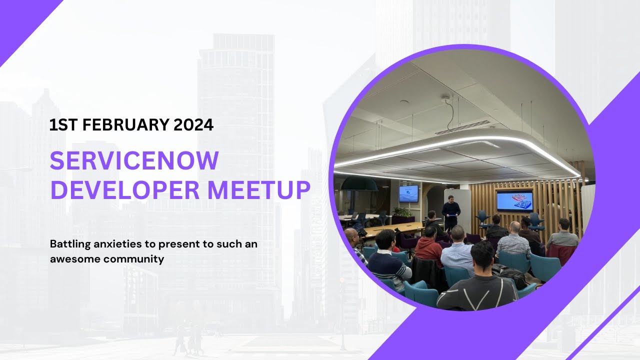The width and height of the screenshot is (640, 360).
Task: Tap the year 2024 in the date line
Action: tap(193, 125)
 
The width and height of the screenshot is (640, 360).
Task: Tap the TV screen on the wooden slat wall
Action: tap(514, 200)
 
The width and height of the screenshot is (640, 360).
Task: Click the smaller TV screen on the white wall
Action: tap(408, 193)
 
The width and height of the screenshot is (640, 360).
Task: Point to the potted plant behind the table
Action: tap(402, 214)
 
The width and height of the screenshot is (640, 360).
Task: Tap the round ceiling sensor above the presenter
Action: tap(445, 98)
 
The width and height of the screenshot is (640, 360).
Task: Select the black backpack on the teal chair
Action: tap(509, 275)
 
